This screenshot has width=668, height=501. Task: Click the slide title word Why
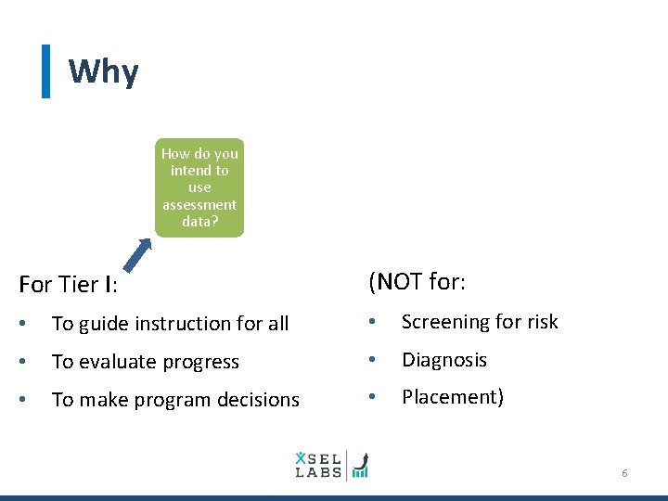[103, 72]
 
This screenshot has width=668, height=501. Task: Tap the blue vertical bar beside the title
[45, 71]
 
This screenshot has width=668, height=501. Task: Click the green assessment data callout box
[199, 187]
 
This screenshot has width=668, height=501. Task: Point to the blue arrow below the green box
[138, 253]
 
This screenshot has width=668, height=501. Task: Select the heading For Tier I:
[73, 285]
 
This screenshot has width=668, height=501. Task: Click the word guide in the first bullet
[109, 324]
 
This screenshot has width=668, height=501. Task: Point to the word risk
[541, 322]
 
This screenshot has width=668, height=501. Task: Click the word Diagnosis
[443, 360]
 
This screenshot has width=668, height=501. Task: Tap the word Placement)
[452, 397]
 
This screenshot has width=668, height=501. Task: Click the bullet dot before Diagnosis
[372, 360]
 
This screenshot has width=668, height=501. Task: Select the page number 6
[624, 473]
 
